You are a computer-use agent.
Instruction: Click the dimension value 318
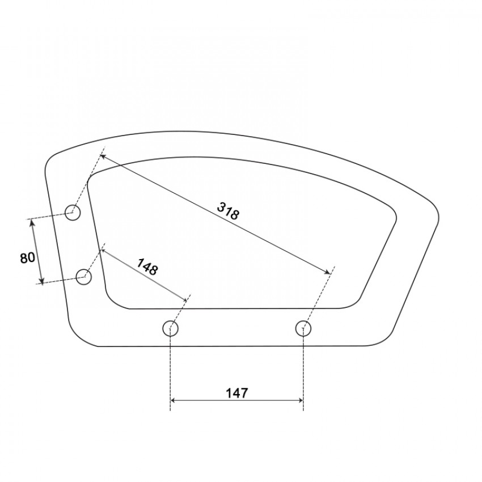[x=228, y=210]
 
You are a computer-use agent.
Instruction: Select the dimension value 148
[x=147, y=267]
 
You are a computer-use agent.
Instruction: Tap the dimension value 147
[x=236, y=393]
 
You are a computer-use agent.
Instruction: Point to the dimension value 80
[x=27, y=257]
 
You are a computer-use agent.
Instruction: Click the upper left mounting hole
[x=73, y=213]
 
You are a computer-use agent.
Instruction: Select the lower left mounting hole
[x=83, y=277]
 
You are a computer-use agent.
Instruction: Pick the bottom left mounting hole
[x=170, y=328]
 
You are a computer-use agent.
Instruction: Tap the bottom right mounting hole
[x=303, y=328]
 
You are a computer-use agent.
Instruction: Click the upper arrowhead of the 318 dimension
[x=103, y=157]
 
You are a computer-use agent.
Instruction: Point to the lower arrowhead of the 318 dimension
[x=327, y=271]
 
